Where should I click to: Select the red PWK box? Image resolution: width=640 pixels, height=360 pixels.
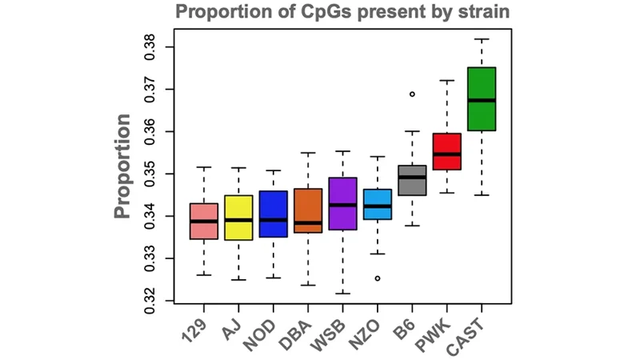pos(447,151)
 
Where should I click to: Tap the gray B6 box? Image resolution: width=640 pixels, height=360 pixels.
pos(412,180)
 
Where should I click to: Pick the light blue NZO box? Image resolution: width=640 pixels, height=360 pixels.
pos(378,204)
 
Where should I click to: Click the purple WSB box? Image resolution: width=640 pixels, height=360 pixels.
pos(342,204)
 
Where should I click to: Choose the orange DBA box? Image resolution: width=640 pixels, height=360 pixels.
pos(308,210)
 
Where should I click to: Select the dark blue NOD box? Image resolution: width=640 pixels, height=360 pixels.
pos(274,214)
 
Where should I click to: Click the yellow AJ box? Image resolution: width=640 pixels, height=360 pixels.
pos(238,218)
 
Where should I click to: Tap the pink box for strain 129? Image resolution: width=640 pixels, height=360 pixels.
pos(204,221)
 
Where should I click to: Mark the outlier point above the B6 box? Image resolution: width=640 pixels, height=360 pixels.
pos(413,94)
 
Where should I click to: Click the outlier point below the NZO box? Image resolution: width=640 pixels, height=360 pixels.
pos(378,278)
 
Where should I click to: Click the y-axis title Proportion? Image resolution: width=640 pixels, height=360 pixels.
pos(122,166)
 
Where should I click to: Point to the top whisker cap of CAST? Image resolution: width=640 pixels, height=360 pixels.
pos(482,39)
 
